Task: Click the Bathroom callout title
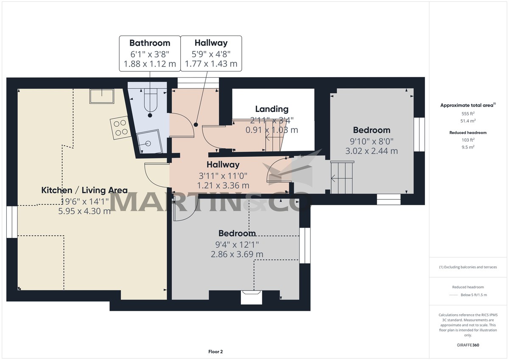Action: pyautogui.click(x=149, y=43)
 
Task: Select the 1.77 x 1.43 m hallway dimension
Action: pyautogui.click(x=211, y=64)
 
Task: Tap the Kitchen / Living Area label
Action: pyautogui.click(x=84, y=190)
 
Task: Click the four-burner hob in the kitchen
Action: pyautogui.click(x=119, y=127)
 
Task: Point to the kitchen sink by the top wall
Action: pyautogui.click(x=102, y=96)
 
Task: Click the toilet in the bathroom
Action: pyautogui.click(x=150, y=102)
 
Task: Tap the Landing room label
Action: pyautogui.click(x=271, y=109)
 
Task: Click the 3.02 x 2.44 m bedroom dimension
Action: pyautogui.click(x=372, y=151)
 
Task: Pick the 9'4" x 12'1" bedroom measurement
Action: pyautogui.click(x=237, y=244)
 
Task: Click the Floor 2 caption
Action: pyautogui.click(x=215, y=352)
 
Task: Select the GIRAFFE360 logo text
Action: pyautogui.click(x=468, y=345)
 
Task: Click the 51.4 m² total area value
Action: pyautogui.click(x=468, y=121)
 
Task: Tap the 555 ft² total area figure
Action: pyautogui.click(x=468, y=114)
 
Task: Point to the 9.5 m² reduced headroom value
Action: pyautogui.click(x=468, y=147)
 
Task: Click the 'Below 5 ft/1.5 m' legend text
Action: pyautogui.click(x=473, y=295)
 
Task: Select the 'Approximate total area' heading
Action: pyautogui.click(x=467, y=105)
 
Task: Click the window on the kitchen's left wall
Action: pyautogui.click(x=12, y=222)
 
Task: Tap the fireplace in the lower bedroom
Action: pyautogui.click(x=251, y=296)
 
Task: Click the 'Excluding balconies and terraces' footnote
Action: pyautogui.click(x=468, y=267)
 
